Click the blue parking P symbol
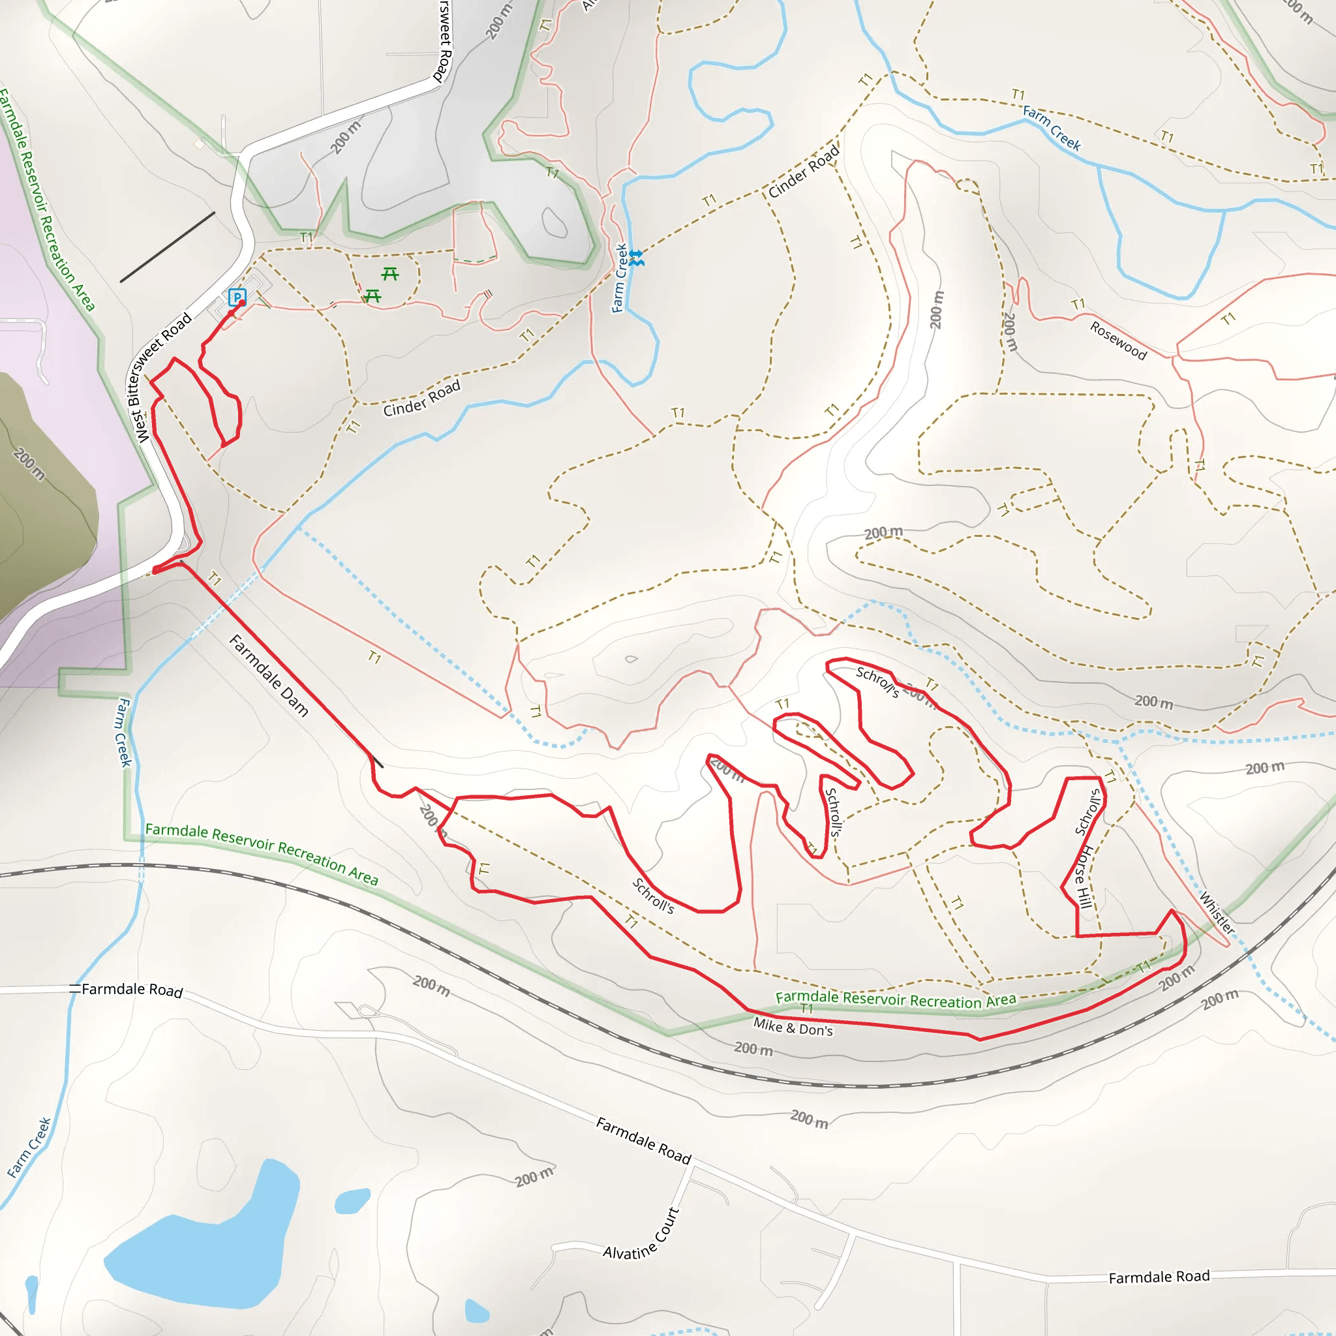[x=237, y=297]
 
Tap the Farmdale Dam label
[x=268, y=675]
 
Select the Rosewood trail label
[x=1118, y=341]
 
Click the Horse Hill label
[x=1084, y=877]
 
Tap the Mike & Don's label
[x=793, y=1027]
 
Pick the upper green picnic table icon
[x=390, y=275]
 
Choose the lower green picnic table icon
[x=372, y=296]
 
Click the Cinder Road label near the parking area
[x=422, y=399]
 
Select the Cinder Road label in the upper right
[x=804, y=171]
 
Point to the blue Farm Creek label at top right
[x=1051, y=128]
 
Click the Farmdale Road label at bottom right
[x=1159, y=1277]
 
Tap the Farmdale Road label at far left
[x=131, y=990]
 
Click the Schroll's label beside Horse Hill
[x=1087, y=813]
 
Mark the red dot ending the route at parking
[x=241, y=303]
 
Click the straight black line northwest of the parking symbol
[x=168, y=247]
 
